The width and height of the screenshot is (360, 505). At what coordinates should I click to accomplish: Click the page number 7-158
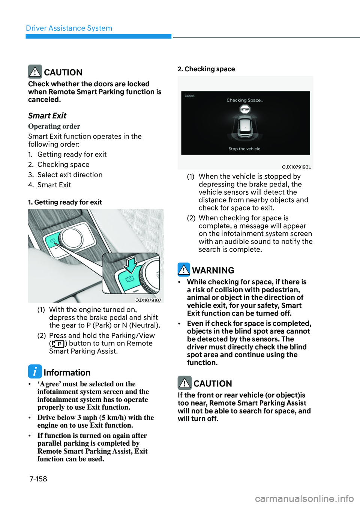(x=38, y=479)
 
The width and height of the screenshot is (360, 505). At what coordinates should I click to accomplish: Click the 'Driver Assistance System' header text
(x=69, y=28)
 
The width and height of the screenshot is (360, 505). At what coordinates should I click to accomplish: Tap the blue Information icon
(x=35, y=371)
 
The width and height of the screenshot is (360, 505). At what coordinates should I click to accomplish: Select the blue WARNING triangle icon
(x=184, y=269)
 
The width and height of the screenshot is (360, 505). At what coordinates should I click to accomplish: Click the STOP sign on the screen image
(x=244, y=110)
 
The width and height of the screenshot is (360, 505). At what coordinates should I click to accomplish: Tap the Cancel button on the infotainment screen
(x=189, y=96)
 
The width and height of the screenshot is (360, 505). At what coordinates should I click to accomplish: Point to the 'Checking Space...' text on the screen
(x=244, y=100)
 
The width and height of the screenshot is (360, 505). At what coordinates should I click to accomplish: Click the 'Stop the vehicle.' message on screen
(x=245, y=149)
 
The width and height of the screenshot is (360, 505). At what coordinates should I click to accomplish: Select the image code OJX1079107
(x=148, y=300)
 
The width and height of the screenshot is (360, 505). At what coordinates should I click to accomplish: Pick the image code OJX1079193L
(x=296, y=167)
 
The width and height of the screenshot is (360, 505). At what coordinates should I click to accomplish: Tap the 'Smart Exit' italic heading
(x=47, y=116)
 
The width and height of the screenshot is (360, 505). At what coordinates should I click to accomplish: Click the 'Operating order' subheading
(x=54, y=126)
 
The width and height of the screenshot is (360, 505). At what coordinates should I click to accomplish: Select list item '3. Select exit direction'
(x=65, y=175)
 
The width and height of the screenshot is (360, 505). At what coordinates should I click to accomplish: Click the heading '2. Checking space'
(x=206, y=69)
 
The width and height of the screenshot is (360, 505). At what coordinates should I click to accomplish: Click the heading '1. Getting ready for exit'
(x=65, y=202)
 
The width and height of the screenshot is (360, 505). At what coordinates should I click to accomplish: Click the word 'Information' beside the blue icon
(x=67, y=373)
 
